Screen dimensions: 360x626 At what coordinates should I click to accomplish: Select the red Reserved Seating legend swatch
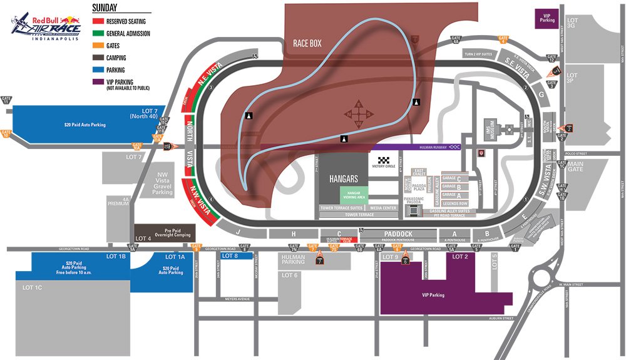coord(98,22)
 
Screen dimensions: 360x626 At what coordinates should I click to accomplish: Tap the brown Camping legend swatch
coord(98,58)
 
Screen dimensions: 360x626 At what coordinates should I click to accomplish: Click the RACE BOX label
coord(307,44)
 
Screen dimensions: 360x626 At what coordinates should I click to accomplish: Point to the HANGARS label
coord(343,178)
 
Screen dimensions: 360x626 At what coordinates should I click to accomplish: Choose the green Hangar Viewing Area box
coord(354,195)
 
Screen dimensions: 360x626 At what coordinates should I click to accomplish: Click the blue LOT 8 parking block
coord(237,255)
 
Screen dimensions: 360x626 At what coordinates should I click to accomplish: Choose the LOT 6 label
coord(290,275)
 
